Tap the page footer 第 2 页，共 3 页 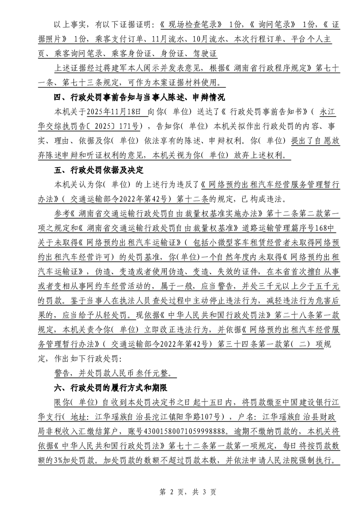point(180,491)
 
